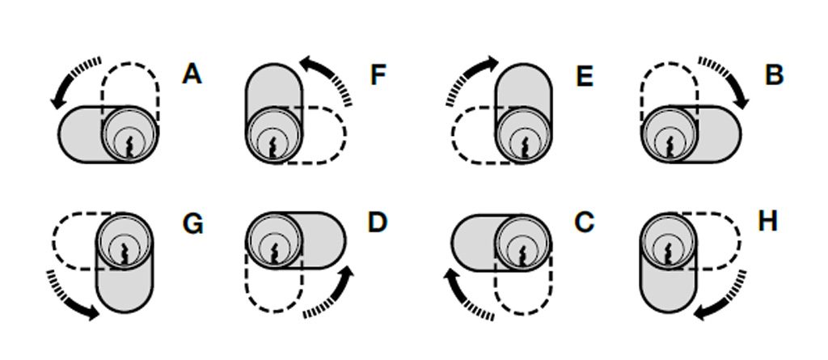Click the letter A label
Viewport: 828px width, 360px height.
pos(192,74)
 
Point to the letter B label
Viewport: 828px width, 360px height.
pos(774,75)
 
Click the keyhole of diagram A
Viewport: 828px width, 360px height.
pos(129,146)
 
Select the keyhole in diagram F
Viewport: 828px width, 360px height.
pos(273,146)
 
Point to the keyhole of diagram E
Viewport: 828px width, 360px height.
pos(524,146)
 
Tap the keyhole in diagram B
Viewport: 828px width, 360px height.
pos(669,146)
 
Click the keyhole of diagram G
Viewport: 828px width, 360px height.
pos(124,249)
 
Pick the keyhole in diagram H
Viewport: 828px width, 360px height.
pos(668,250)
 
